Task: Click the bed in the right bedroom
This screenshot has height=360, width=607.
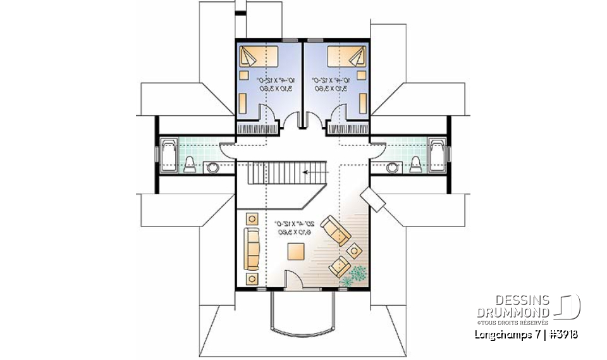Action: pos(346,58)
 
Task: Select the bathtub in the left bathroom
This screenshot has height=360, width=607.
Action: pos(169,154)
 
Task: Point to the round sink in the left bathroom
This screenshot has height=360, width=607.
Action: pos(212,168)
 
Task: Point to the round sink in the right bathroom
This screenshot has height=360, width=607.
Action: pos(394,168)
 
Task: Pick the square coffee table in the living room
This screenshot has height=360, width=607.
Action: pos(295,252)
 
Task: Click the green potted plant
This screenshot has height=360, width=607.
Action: pos(355,275)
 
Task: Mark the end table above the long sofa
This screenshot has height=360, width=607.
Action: pos(252,219)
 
